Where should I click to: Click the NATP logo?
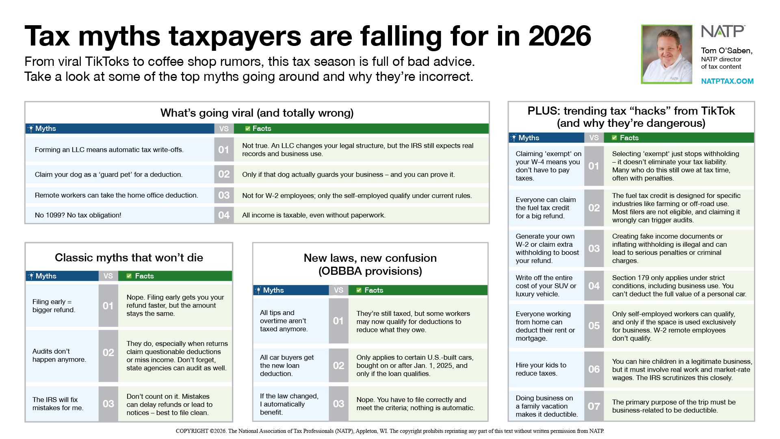coord(723,32)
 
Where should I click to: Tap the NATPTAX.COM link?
coord(727,81)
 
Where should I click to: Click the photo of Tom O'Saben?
coord(667,54)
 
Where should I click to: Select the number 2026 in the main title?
coord(559,36)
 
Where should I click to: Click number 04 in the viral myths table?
coord(224,215)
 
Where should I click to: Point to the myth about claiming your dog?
coord(108,174)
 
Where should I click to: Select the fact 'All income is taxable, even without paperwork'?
coord(314,215)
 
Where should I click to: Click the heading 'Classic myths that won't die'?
coord(129,258)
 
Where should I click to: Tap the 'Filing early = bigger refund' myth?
coord(54,306)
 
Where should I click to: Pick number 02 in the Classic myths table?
coord(108,352)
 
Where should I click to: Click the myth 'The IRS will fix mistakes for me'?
coord(58,404)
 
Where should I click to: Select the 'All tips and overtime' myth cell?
coord(284,321)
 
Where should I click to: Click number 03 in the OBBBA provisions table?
coord(338,404)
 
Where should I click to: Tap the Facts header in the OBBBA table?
coord(373,290)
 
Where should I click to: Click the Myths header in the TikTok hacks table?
coord(529,138)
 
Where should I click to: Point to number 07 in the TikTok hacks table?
coord(594,406)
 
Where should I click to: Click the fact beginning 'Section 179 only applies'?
coord(679,286)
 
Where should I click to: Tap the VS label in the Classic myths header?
coord(108,276)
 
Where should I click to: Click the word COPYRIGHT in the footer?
coord(192,431)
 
